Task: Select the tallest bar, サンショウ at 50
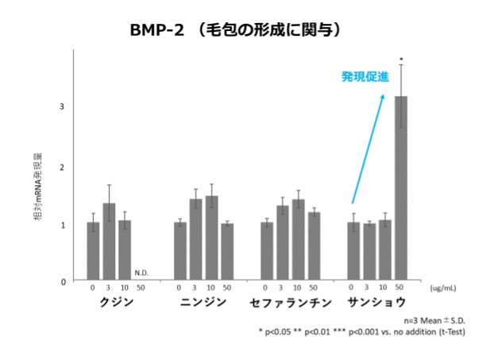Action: (x=401, y=188)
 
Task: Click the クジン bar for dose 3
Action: (x=109, y=242)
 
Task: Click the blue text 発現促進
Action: (x=365, y=77)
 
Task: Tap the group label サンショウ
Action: (x=377, y=303)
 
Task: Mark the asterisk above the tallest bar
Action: (x=401, y=59)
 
